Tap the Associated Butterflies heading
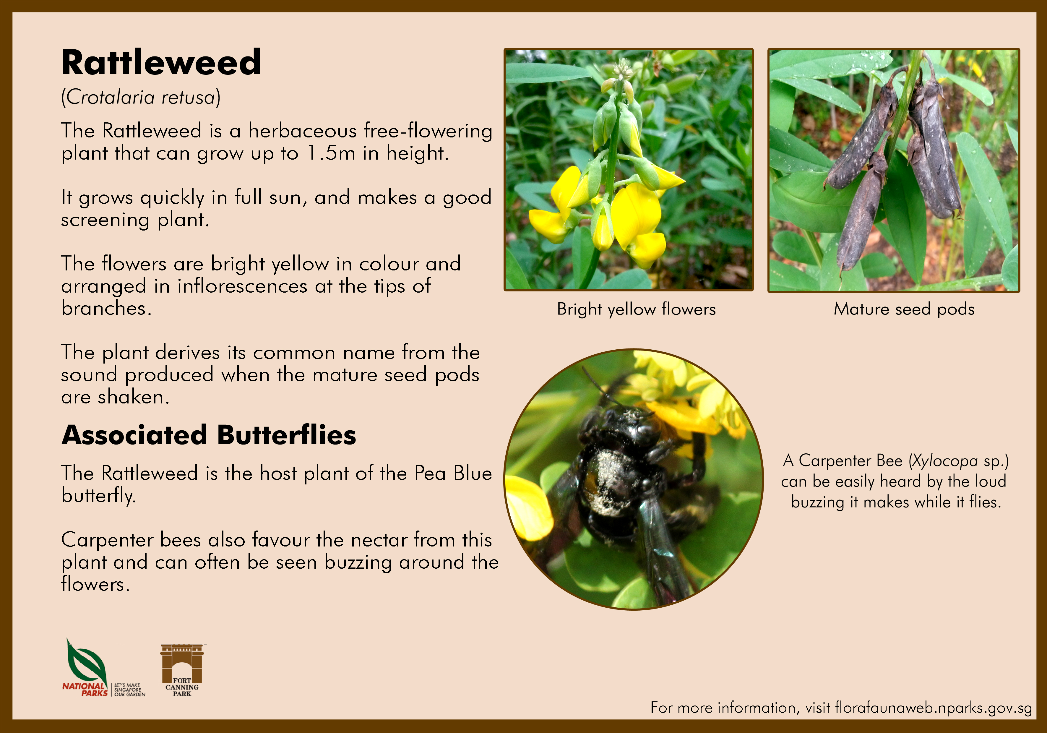(209, 435)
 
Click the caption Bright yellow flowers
(636, 309)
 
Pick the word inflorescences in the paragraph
(242, 286)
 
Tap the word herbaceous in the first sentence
(302, 131)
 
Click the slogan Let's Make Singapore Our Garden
(129, 690)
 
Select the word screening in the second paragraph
(105, 220)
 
